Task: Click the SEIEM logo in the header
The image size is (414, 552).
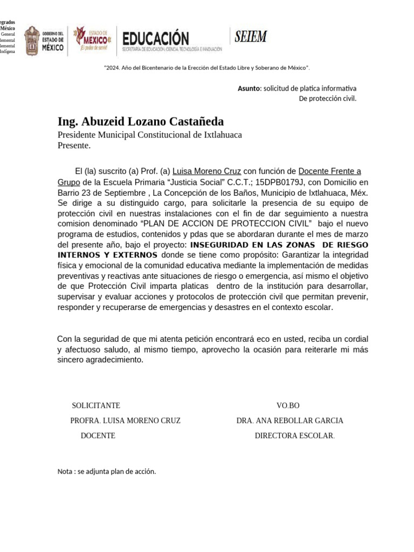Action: point(251,37)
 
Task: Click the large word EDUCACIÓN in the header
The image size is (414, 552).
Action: point(156,38)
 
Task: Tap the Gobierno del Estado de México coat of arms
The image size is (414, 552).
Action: point(32,40)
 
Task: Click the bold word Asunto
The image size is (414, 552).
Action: point(249,88)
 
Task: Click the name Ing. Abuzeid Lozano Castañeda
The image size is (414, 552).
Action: point(141,121)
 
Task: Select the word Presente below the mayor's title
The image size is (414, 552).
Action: point(73,146)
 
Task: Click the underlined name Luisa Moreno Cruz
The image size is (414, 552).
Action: point(206,171)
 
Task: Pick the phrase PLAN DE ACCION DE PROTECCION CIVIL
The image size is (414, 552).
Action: point(226,224)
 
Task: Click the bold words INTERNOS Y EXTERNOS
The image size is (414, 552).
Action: point(108,255)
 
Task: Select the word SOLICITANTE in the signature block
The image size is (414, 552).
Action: point(96,405)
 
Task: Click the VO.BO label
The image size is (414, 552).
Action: point(288,405)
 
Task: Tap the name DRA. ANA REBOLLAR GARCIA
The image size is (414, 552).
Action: point(289,420)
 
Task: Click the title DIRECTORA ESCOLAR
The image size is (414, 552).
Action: point(294,436)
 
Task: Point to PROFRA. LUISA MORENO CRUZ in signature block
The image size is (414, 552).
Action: point(125,420)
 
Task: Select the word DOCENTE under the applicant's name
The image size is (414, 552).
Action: point(98,436)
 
